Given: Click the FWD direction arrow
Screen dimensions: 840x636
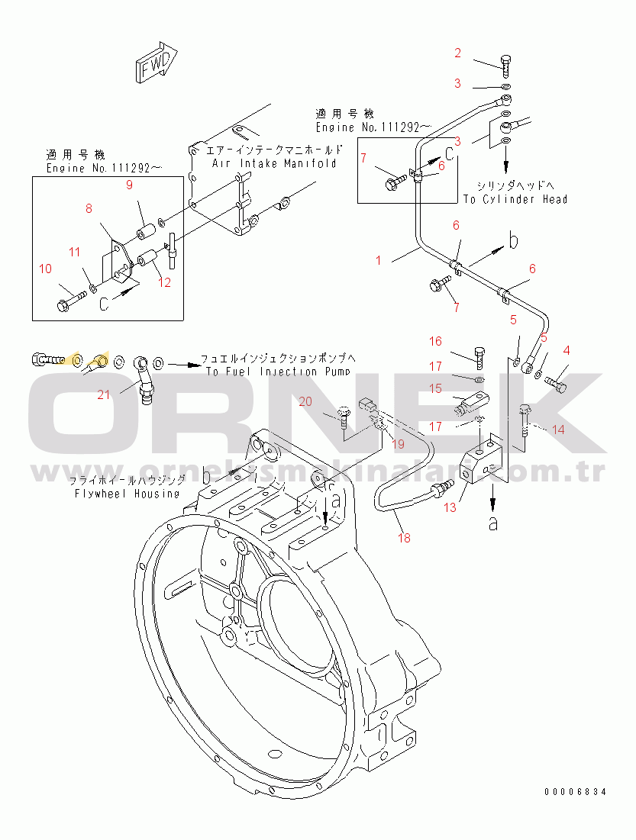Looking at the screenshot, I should (157, 63).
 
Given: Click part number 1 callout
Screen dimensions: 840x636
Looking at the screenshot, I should (378, 260).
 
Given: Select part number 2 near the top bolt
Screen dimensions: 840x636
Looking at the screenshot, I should (458, 53).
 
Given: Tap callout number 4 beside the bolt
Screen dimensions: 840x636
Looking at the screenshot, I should (567, 351).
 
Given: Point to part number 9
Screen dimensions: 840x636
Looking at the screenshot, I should (130, 184).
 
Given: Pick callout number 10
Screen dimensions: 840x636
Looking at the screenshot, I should (46, 268).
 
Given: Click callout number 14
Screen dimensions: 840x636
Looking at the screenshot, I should (558, 430).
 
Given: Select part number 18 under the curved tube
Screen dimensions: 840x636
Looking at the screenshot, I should (404, 538).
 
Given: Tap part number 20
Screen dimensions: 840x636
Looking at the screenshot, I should (305, 401).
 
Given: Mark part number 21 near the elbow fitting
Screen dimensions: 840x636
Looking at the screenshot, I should (103, 394).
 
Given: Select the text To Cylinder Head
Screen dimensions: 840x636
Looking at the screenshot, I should (515, 199).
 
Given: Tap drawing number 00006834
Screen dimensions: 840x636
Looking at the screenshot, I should (576, 792).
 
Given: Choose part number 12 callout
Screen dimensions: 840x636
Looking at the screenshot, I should (164, 281).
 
